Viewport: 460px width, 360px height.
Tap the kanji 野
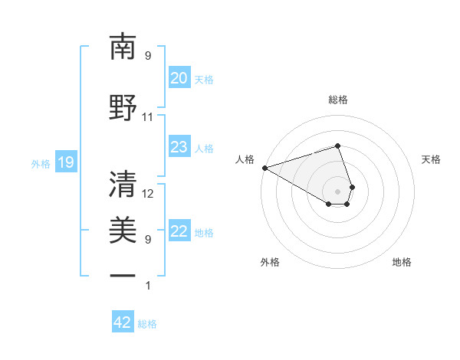tap(123, 108)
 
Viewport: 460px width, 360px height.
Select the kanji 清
tap(123, 184)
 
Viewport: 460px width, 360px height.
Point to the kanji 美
tap(123, 230)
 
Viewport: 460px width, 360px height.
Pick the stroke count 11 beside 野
tap(147, 117)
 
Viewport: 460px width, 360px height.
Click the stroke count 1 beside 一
tap(148, 286)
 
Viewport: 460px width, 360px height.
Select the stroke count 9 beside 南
tap(148, 56)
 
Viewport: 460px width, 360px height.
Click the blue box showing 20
tap(179, 78)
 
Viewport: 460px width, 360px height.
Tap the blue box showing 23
tap(179, 147)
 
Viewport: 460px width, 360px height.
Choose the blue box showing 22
tap(179, 232)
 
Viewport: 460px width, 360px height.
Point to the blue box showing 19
tap(65, 162)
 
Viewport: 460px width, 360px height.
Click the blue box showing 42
tap(123, 322)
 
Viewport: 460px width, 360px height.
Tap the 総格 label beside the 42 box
tap(147, 324)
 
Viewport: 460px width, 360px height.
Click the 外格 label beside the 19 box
tap(41, 163)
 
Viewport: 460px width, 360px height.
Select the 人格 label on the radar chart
tap(245, 159)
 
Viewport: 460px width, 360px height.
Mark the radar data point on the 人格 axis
tap(264, 168)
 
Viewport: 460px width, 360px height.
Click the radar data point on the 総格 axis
tap(337, 146)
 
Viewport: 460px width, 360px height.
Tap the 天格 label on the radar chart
tap(432, 159)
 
